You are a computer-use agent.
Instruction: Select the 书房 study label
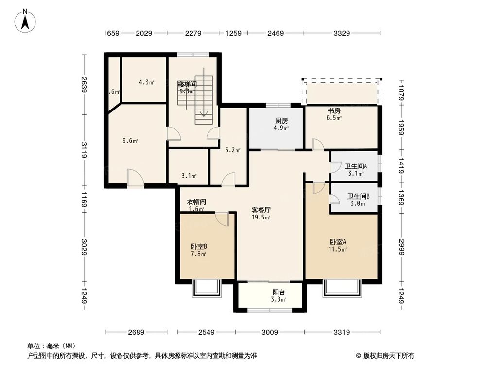(x=333, y=110)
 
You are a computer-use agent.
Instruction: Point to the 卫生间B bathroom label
(x=358, y=197)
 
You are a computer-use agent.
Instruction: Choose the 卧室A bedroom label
(x=338, y=242)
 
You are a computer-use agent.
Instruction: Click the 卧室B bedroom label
(x=199, y=246)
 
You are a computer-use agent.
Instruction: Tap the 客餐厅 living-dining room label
(x=261, y=210)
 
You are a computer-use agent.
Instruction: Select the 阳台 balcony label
(x=278, y=292)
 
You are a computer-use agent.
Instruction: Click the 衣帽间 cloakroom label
(x=196, y=202)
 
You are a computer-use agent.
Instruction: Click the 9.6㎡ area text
(x=130, y=141)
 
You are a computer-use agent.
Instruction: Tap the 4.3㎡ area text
(x=146, y=82)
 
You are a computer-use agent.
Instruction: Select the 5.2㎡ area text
(x=233, y=150)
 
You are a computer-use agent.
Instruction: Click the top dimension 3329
(x=342, y=33)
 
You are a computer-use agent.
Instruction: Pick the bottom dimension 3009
(x=270, y=332)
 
